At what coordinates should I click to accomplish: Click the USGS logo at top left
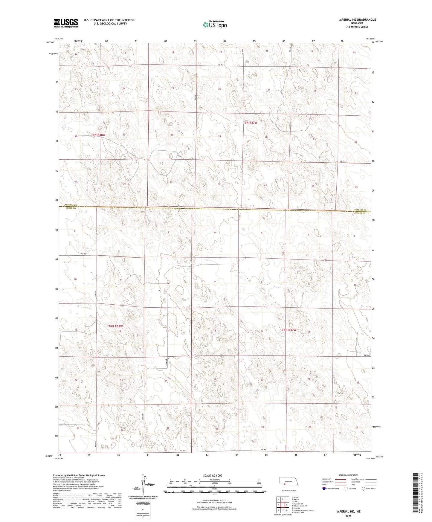coord(66,23)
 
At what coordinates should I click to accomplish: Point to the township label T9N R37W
coord(250,123)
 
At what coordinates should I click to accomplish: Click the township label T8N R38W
coord(116,326)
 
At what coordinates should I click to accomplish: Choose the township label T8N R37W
coord(289,330)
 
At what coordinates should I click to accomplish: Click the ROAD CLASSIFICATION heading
coord(348,475)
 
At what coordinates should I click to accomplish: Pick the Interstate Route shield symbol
coord(324,489)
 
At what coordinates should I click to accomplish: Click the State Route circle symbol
coord(364,489)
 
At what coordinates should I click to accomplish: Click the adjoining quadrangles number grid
coord(283,506)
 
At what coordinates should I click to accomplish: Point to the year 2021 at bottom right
coord(348,516)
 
